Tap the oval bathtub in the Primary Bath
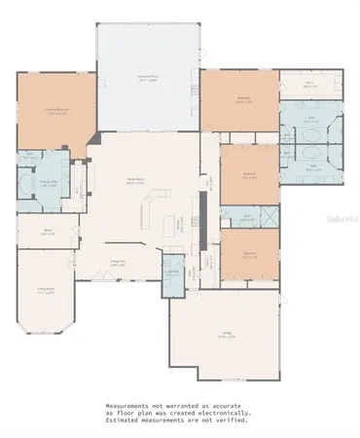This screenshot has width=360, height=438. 28,185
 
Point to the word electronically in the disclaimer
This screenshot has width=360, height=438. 230,413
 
